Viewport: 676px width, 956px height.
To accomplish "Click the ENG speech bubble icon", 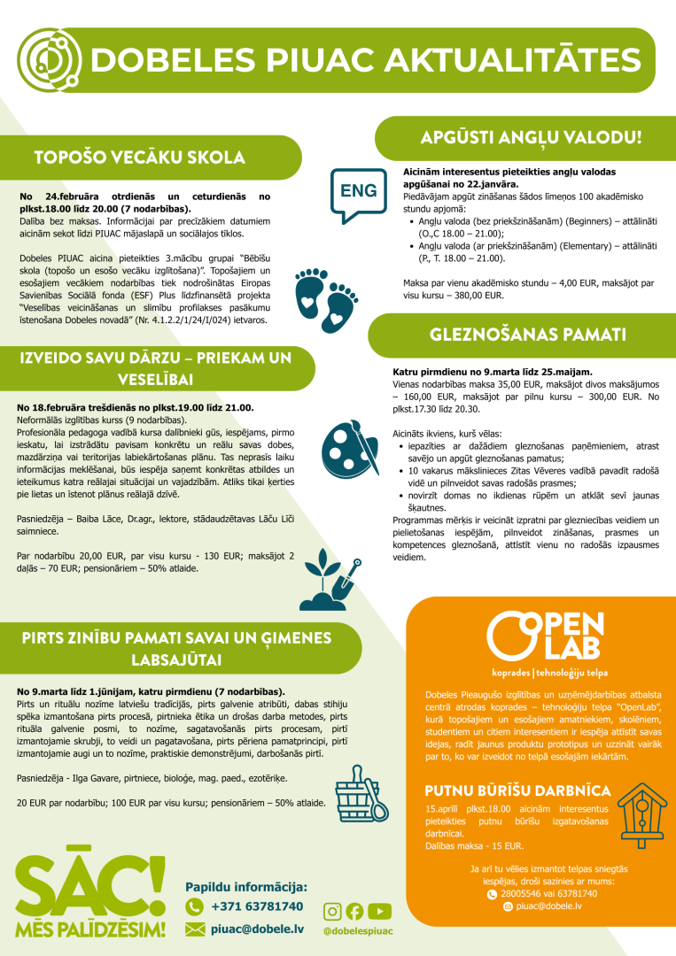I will click(x=359, y=192).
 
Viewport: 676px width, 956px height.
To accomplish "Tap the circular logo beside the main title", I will click(x=50, y=58).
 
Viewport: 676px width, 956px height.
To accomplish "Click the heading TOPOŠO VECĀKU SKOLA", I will click(x=139, y=158).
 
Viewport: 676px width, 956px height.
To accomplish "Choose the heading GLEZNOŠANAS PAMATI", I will click(x=528, y=335).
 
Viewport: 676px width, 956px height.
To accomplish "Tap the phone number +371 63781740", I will click(x=257, y=906).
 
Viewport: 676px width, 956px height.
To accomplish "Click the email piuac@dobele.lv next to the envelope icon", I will click(x=257, y=929).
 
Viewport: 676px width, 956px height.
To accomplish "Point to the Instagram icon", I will click(x=332, y=911).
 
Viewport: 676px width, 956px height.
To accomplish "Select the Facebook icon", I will click(x=354, y=911).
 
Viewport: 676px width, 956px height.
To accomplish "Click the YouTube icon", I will click(x=379, y=911).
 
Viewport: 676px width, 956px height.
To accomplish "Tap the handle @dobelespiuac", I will click(x=358, y=931).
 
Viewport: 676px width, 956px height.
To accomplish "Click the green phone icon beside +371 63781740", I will click(x=195, y=906).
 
